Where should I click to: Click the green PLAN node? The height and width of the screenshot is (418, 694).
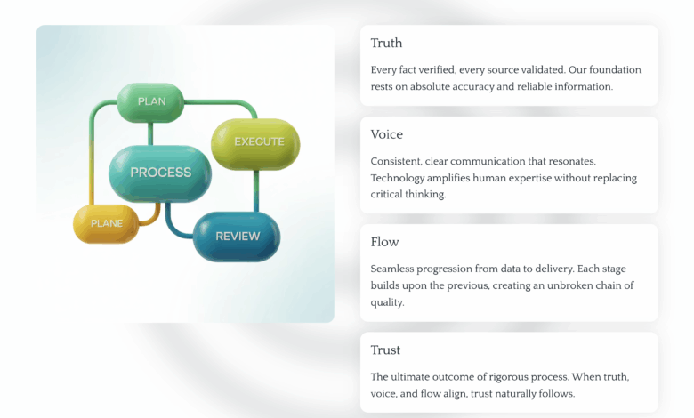(150, 102)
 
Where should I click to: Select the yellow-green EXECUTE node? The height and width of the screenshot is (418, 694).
(256, 143)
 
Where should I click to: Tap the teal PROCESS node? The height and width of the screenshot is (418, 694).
(160, 173)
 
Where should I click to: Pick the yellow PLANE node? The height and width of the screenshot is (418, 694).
(106, 224)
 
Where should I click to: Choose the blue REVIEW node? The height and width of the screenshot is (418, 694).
(237, 237)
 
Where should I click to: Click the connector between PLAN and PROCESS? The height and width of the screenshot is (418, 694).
(150, 133)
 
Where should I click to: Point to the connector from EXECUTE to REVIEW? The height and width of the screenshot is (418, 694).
(256, 191)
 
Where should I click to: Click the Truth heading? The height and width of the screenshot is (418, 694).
(386, 43)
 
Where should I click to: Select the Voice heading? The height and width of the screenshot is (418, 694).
(387, 134)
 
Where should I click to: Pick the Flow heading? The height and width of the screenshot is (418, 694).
(384, 242)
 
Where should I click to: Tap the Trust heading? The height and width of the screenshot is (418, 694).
(385, 350)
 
